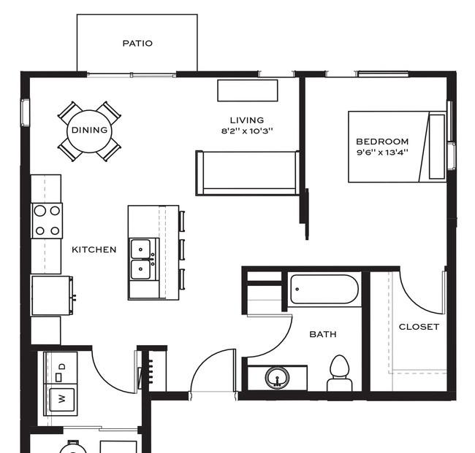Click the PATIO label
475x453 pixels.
pyautogui.click(x=137, y=43)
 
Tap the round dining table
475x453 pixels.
pyautogui.click(x=89, y=131)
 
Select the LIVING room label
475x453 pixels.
pyautogui.click(x=247, y=120)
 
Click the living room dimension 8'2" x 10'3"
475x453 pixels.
pyautogui.click(x=247, y=131)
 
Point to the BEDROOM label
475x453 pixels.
pyautogui.click(x=382, y=142)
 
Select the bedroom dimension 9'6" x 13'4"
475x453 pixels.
pyautogui.click(x=382, y=152)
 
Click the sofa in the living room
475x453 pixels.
pyautogui.click(x=247, y=172)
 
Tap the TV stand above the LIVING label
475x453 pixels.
pyautogui.click(x=248, y=90)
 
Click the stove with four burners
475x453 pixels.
pyautogui.click(x=47, y=220)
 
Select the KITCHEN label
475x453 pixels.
pyautogui.click(x=94, y=249)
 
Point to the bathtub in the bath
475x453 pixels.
pyautogui.click(x=324, y=290)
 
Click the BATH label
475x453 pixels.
pyautogui.click(x=323, y=334)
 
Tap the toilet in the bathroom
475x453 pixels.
pyautogui.click(x=340, y=372)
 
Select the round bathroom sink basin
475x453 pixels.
pyautogui.click(x=276, y=378)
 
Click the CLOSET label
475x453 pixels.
pyautogui.click(x=419, y=327)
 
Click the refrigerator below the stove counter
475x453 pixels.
pyautogui.click(x=51, y=295)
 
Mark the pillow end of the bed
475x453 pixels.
pyautogui.click(x=436, y=147)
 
